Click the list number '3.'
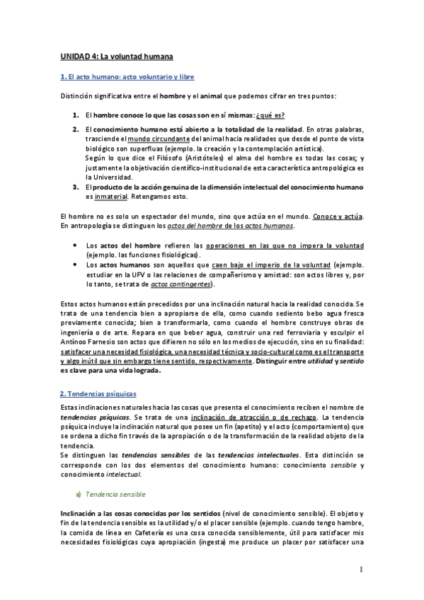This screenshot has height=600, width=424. pyautogui.click(x=75, y=187)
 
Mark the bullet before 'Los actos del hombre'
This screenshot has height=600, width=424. pyautogui.click(x=76, y=244)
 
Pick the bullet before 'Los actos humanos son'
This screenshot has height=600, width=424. pyautogui.click(x=76, y=262)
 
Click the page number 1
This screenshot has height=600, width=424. pyautogui.click(x=360, y=570)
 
